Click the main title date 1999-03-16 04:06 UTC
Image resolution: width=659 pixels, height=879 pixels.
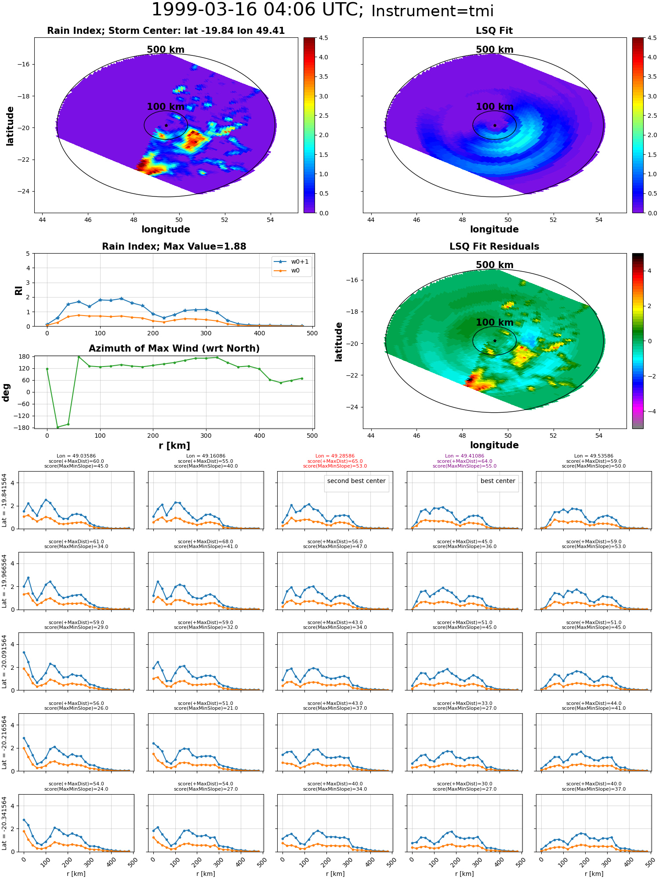coord(257,10)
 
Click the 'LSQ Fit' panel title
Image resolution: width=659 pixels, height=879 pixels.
coord(494,31)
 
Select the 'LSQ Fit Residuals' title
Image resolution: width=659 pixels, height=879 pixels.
coord(494,247)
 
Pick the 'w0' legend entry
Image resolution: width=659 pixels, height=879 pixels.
coord(295,270)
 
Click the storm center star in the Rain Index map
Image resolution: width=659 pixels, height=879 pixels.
coord(166,125)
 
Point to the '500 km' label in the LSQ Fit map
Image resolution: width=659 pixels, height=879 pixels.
coord(495,50)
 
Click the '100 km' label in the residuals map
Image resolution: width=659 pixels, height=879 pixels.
coord(495,323)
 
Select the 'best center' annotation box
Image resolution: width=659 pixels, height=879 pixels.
coord(498,481)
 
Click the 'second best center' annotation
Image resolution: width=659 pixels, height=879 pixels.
coord(356,481)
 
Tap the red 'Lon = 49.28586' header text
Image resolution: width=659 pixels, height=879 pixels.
coord(335,456)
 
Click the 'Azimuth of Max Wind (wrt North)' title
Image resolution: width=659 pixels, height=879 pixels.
coord(174,349)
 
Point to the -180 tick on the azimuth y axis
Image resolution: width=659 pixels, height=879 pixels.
coord(25,428)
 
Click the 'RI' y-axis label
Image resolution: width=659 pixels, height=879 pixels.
coord(18,290)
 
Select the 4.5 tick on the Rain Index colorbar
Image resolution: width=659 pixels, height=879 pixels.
coord(323,38)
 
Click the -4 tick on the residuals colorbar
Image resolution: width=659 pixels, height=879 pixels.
coord(649,411)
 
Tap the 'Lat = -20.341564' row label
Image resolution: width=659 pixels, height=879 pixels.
coord(5,823)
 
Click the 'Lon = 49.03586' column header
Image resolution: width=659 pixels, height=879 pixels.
coord(76,456)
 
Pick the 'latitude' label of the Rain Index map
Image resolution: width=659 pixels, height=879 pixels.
coord(10,126)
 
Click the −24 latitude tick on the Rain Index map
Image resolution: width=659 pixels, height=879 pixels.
coord(23,191)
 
